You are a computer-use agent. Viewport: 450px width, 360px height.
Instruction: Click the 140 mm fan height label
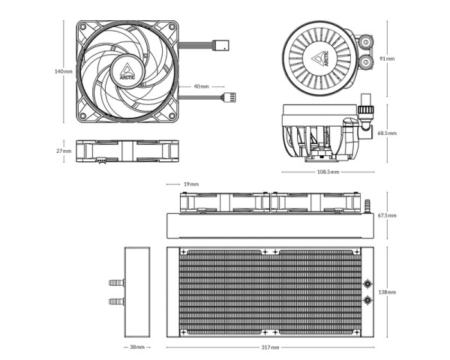point(64,72)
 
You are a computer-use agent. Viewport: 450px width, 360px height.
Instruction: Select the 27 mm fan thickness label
point(64,151)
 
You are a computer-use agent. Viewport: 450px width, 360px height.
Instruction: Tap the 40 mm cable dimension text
point(201,86)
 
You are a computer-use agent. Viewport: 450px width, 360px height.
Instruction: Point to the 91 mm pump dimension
point(386,58)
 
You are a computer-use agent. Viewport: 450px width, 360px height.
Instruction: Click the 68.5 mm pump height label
point(387,133)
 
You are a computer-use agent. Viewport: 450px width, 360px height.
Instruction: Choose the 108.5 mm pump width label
point(328,172)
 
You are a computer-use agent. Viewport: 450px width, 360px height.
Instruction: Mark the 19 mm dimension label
point(190,184)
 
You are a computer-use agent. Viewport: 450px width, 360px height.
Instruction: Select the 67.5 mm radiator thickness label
point(387,215)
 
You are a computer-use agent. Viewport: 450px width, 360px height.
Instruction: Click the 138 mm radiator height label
point(386,292)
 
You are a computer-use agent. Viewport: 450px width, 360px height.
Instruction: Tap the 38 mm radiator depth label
point(137,348)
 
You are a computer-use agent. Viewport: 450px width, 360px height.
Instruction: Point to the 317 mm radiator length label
point(270,348)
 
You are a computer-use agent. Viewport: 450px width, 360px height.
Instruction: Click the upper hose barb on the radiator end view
point(114,283)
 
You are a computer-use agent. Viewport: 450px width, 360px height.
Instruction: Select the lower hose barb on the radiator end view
point(114,301)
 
